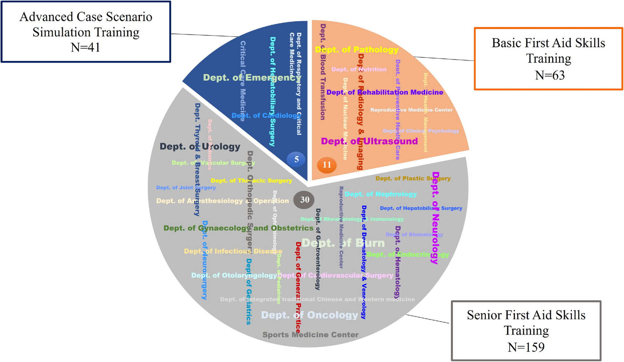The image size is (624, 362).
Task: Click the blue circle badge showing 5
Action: tap(296, 159)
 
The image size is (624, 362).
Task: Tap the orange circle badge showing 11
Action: tap(326, 165)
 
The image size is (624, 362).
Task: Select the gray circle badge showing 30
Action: tap(304, 200)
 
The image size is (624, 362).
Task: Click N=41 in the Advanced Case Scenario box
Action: tap(85, 47)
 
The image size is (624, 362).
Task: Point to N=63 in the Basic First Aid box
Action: tap(550, 75)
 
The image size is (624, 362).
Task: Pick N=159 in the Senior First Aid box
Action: tap(526, 347)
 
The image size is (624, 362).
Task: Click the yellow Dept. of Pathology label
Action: tap(357, 50)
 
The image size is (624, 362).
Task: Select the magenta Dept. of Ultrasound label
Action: tap(369, 141)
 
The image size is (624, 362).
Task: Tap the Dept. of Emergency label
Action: tap(252, 78)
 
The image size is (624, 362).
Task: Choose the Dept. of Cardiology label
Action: tap(266, 115)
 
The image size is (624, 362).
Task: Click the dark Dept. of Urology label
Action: tap(200, 146)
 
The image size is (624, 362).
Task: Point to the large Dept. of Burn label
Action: tap(343, 243)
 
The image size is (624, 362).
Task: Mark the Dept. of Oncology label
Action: tap(309, 315)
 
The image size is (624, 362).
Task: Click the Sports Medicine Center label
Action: tap(310, 335)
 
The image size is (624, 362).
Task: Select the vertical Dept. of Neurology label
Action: tap(435, 218)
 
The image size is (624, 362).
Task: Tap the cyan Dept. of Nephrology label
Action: tap(381, 194)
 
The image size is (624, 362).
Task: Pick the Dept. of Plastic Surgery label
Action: tap(413, 178)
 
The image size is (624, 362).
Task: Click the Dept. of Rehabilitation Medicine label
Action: tap(385, 92)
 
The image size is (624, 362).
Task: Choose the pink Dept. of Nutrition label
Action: tap(359, 69)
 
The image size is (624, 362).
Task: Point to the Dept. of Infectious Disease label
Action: tap(233, 251)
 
